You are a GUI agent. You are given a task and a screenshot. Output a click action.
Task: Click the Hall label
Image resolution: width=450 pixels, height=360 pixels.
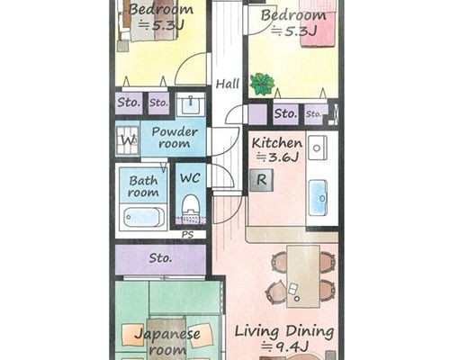[228, 84]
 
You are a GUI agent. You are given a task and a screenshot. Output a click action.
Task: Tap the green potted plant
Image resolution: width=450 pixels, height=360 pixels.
[262, 84]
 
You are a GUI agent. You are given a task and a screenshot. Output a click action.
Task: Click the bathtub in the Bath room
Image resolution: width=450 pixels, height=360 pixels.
[143, 217]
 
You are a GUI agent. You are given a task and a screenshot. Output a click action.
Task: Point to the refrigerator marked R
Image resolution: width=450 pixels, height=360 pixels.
[262, 180]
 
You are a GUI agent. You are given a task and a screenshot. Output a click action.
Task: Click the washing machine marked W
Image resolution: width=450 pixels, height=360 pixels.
[128, 140]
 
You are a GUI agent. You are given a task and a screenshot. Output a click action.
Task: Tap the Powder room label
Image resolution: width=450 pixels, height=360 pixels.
[175, 138]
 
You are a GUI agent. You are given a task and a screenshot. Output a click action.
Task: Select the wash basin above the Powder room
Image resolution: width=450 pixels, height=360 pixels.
[191, 103]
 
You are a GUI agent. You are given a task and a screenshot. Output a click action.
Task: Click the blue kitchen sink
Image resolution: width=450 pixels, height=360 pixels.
[318, 197]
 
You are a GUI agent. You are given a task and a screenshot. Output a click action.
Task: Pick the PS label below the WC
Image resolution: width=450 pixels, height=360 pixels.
[187, 234]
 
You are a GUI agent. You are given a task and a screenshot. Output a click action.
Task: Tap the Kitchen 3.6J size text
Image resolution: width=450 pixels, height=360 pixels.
[277, 157]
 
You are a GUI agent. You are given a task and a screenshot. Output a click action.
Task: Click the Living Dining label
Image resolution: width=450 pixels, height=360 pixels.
[284, 331]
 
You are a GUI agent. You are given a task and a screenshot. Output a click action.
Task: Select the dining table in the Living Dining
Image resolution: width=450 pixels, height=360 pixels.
[303, 276]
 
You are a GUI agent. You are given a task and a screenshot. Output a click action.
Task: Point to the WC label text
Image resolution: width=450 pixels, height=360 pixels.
[190, 178]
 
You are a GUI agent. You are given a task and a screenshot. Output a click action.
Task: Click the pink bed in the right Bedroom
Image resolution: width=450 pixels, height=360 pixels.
[318, 23]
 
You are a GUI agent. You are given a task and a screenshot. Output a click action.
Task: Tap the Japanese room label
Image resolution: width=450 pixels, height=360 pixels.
[167, 342]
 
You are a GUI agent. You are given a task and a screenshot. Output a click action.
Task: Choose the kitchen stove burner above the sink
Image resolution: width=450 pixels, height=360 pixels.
[317, 148]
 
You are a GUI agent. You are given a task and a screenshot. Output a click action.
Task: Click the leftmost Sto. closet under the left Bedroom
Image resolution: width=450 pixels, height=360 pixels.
[129, 103]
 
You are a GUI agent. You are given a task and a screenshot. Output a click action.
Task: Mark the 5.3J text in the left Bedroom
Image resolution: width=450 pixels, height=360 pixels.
[161, 25]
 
